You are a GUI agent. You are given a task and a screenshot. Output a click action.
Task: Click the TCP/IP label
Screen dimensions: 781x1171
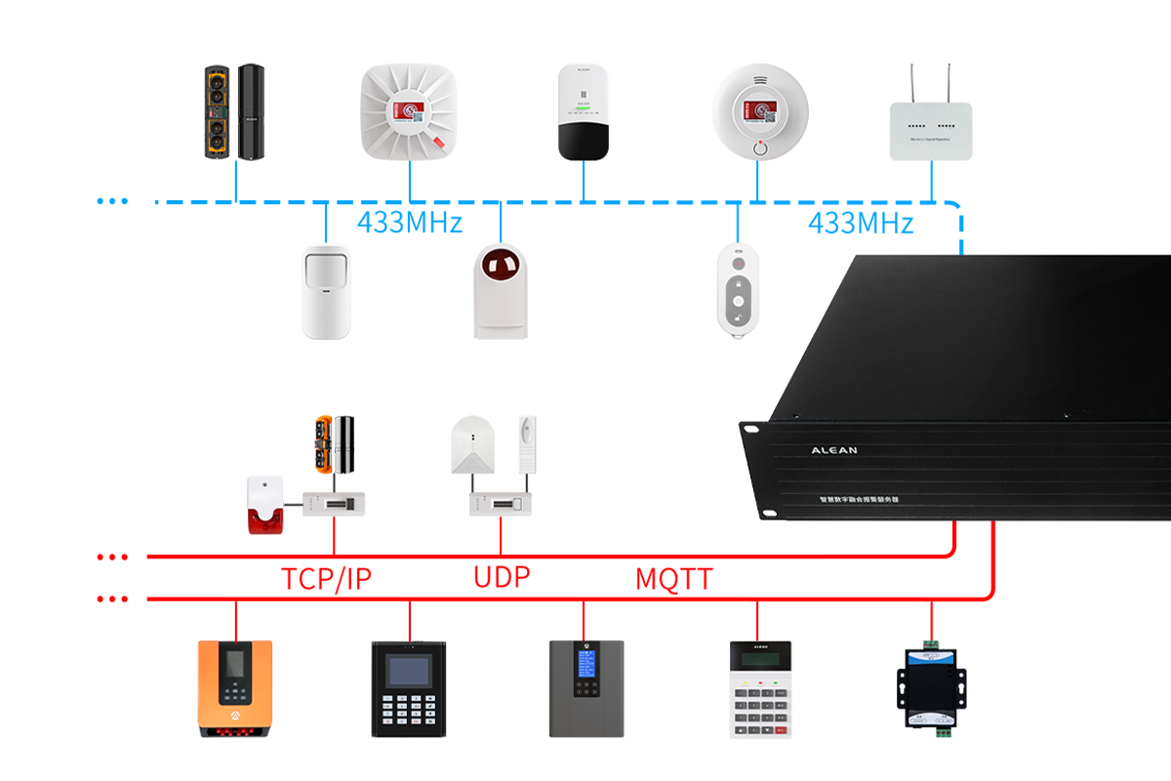click(327, 579)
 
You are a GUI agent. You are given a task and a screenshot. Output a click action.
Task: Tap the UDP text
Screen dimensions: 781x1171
click(502, 576)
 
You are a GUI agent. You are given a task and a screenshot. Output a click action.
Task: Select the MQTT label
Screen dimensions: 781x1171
click(673, 579)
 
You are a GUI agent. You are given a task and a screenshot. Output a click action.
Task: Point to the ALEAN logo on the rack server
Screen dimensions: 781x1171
click(834, 451)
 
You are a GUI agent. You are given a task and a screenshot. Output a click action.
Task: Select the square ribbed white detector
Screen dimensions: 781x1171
click(410, 112)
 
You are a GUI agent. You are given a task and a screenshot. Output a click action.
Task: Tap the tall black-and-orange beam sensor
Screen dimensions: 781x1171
click(235, 112)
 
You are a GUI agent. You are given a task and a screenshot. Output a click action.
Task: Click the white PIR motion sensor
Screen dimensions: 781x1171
click(326, 292)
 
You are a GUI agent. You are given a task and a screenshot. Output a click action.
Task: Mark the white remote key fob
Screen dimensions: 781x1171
click(739, 290)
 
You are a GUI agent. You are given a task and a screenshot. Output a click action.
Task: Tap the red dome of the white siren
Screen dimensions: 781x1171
click(501, 266)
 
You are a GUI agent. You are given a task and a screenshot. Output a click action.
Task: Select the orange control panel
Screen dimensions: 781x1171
click(235, 688)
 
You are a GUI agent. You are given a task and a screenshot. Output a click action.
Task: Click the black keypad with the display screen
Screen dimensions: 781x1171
click(409, 689)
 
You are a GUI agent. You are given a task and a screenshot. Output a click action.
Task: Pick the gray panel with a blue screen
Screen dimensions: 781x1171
click(585, 688)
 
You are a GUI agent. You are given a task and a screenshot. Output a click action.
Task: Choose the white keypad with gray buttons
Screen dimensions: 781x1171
click(759, 689)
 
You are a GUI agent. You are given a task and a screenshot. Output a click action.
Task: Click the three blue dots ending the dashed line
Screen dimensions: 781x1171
click(113, 201)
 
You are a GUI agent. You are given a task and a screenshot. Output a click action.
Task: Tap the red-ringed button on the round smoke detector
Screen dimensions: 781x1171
click(759, 149)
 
